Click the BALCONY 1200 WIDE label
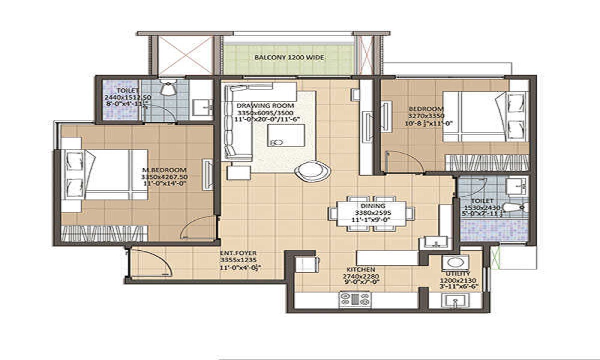click(x=289, y=58)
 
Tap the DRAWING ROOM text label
click(x=260, y=106)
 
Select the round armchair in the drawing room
click(x=311, y=170)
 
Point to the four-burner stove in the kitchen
click(x=355, y=298)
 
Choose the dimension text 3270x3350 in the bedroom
click(x=425, y=117)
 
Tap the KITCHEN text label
click(x=361, y=269)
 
